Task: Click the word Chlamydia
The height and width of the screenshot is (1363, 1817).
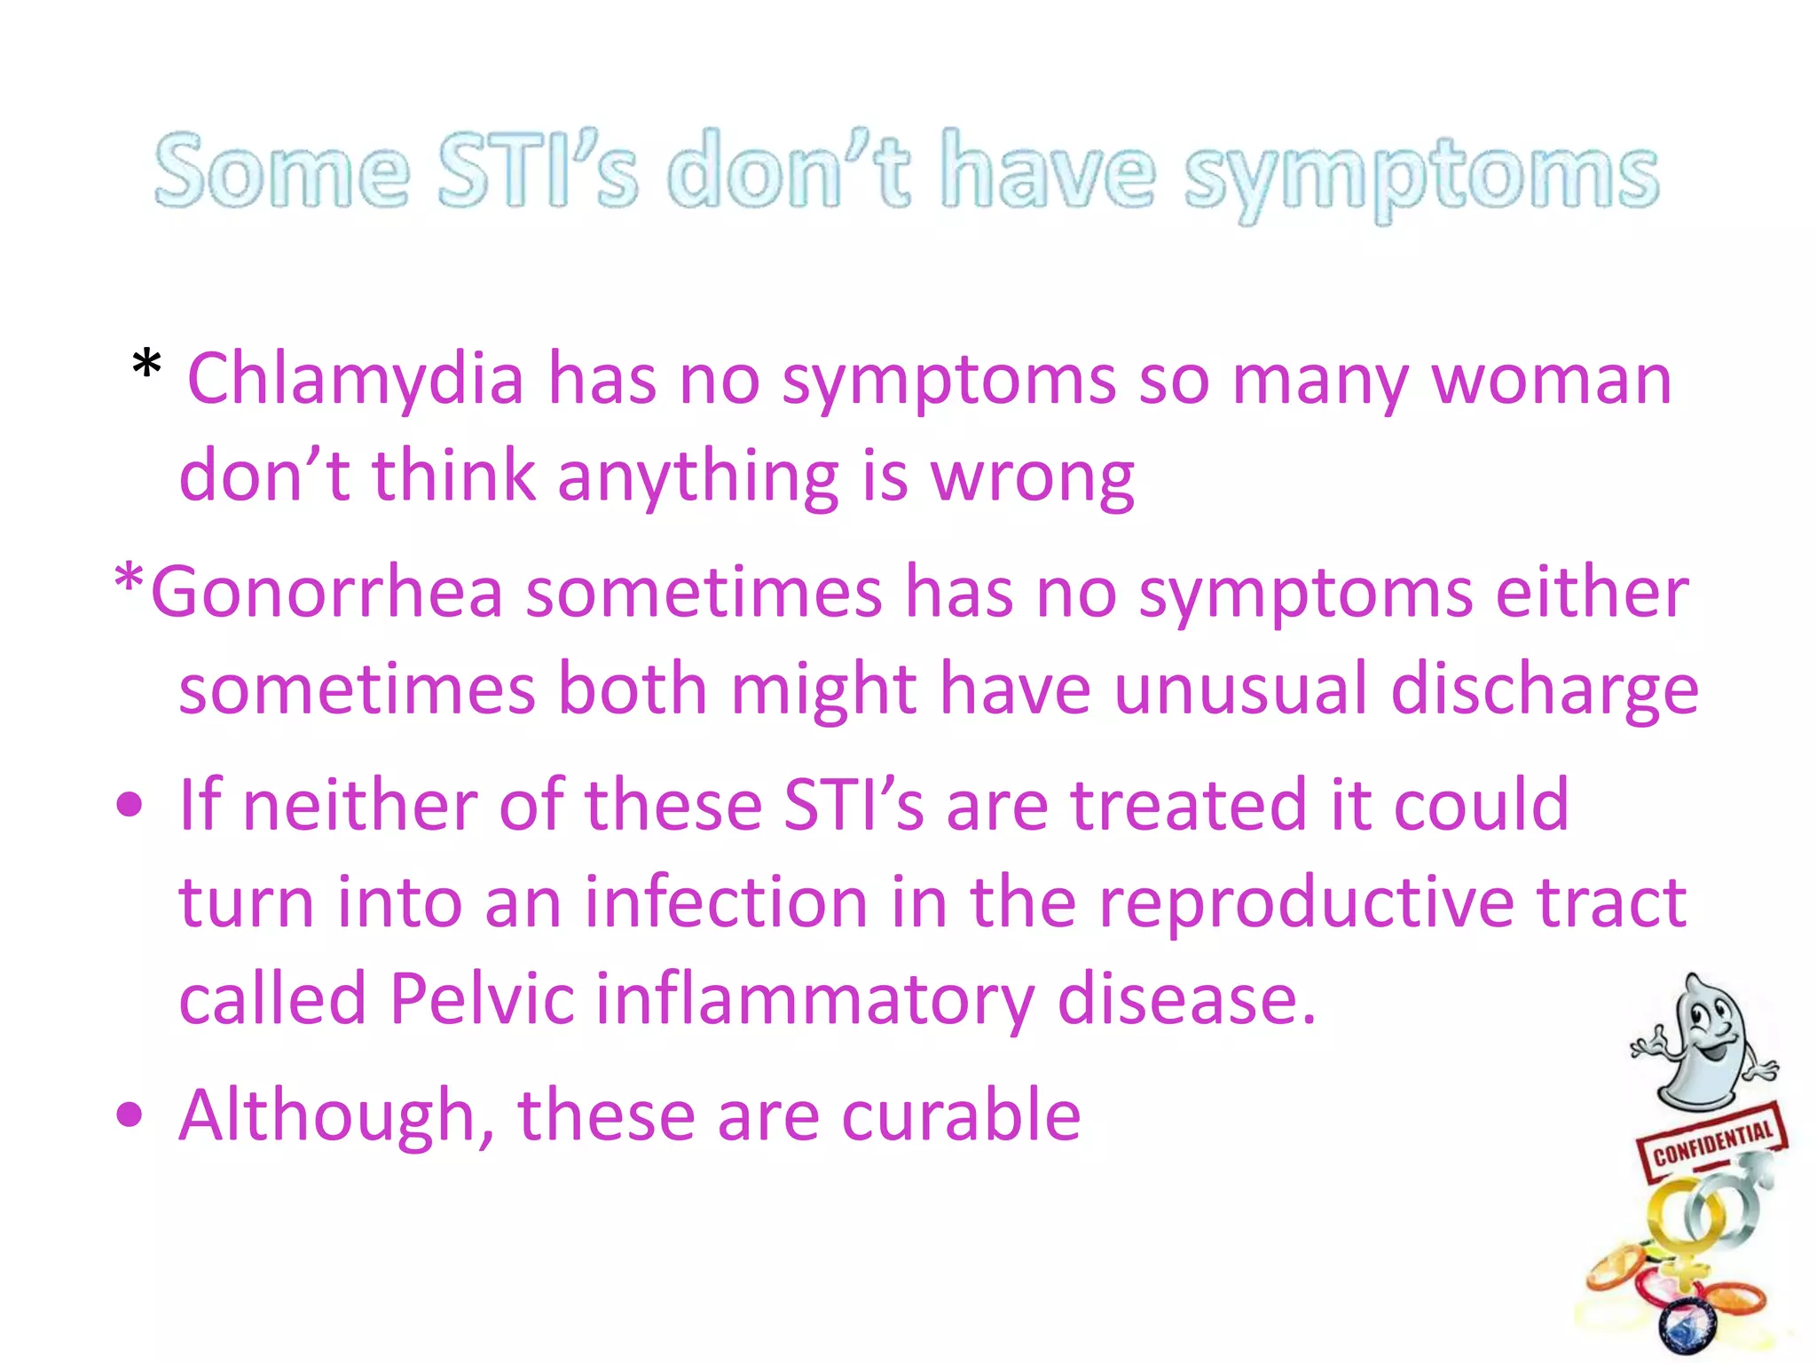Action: [356, 380]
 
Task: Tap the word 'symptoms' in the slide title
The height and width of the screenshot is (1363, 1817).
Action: [1421, 174]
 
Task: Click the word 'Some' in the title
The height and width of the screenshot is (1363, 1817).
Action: [282, 170]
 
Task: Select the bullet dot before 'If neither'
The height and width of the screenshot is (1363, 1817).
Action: [130, 805]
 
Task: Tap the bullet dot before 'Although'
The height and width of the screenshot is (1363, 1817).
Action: [130, 1115]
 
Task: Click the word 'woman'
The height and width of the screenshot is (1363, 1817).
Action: [1552, 380]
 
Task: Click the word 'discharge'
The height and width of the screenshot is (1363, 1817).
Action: [1545, 690]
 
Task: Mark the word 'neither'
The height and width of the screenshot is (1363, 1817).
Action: [359, 805]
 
